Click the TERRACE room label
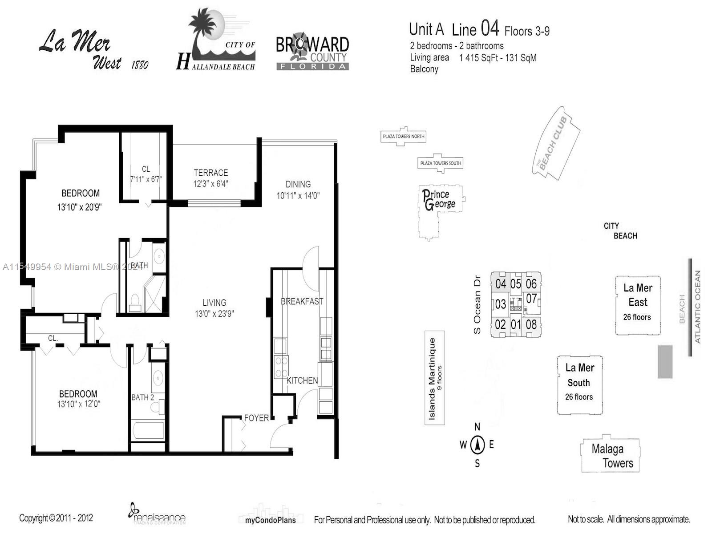click(x=210, y=173)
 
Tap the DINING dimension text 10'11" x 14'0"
click(x=298, y=196)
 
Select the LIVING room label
click(x=214, y=303)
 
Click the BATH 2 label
click(x=142, y=397)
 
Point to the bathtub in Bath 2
click(x=148, y=430)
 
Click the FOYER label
click(x=256, y=418)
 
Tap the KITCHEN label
click(x=302, y=380)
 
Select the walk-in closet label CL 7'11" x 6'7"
click(x=146, y=174)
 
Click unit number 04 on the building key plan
click(x=501, y=284)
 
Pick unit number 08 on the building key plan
click(x=531, y=324)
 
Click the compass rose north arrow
click(x=477, y=444)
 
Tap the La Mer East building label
click(x=638, y=295)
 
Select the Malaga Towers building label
click(x=611, y=456)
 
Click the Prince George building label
click(x=439, y=199)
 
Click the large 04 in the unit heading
click(x=490, y=29)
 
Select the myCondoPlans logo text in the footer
click(x=270, y=520)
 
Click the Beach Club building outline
click(x=556, y=142)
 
